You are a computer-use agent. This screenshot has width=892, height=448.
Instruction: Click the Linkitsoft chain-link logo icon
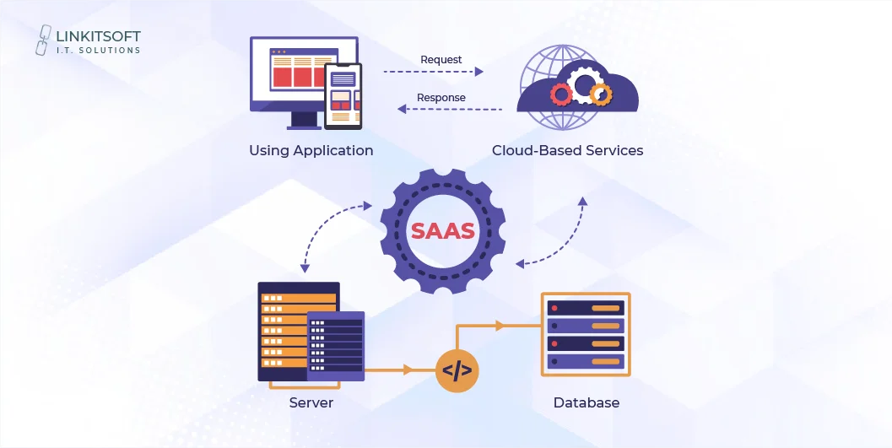point(46,40)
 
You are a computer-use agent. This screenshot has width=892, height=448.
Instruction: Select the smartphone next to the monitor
point(343,96)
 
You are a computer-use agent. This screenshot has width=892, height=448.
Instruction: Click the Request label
point(441,60)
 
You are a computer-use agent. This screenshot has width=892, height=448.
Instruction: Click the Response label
point(441,98)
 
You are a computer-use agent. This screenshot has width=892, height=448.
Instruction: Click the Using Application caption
point(311,151)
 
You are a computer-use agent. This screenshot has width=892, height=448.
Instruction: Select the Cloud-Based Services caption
point(567,151)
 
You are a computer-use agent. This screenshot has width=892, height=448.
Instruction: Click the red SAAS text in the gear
point(442,230)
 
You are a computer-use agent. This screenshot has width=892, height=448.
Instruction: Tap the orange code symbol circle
point(457,370)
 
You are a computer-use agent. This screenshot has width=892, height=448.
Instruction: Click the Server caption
point(311,402)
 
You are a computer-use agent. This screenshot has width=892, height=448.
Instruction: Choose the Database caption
point(586,402)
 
